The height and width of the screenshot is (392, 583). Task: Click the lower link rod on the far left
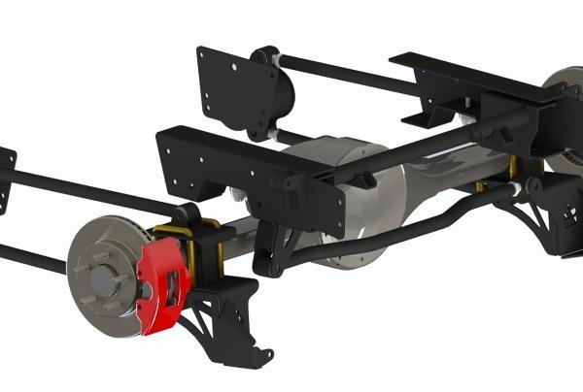[29, 254]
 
